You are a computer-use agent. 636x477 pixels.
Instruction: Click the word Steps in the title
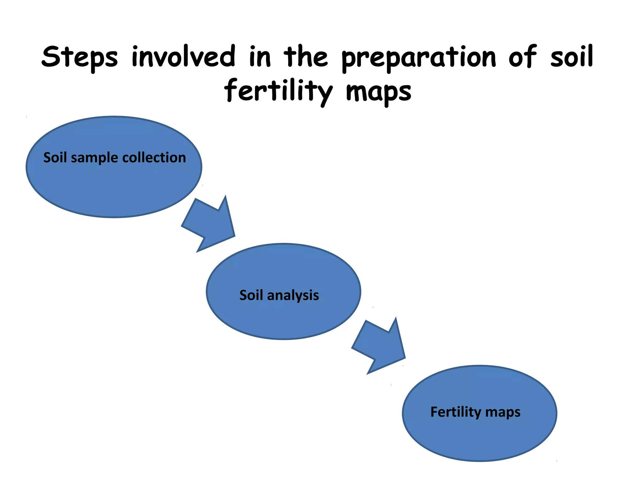point(80,57)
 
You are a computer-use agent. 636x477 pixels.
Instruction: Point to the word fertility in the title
point(278,91)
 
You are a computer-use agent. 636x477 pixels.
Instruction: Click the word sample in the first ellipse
point(94,158)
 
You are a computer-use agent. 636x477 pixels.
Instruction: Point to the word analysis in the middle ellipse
point(293,295)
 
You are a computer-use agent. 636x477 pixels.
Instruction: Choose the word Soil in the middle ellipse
point(251,295)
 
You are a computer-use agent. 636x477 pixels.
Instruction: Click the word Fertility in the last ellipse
point(456,412)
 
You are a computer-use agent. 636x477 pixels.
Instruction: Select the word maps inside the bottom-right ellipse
point(503,412)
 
